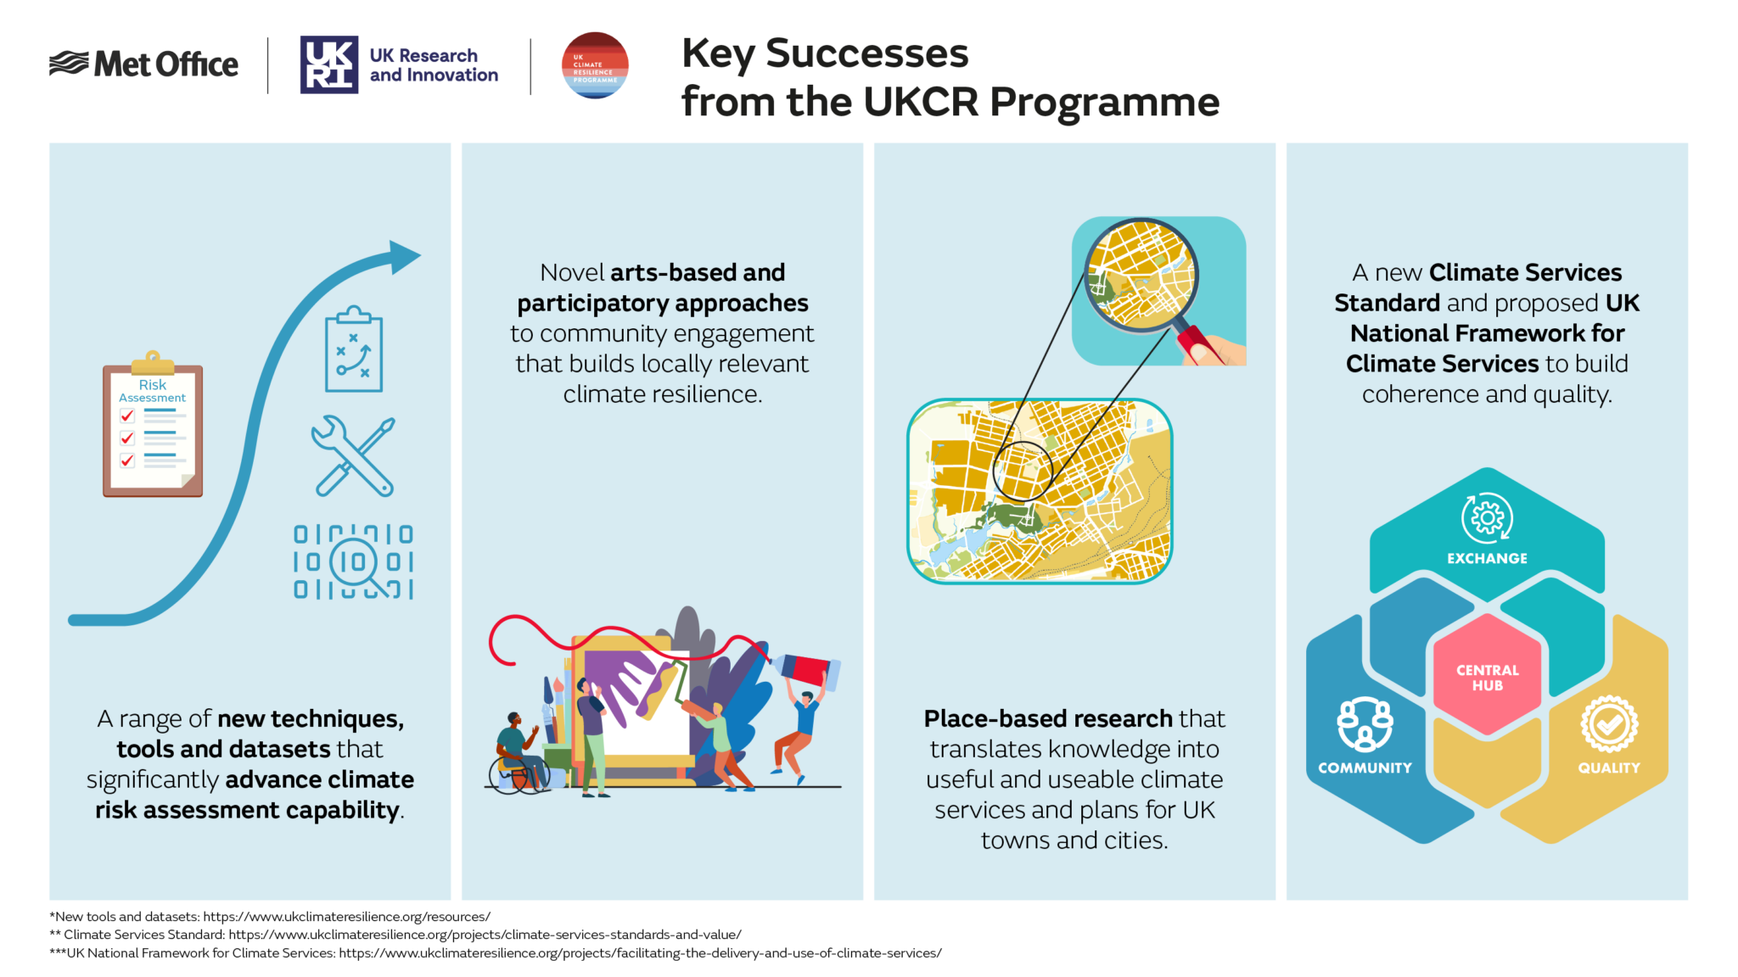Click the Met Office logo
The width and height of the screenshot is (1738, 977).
click(144, 64)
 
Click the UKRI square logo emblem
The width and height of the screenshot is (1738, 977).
click(329, 64)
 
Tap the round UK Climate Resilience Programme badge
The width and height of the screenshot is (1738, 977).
click(595, 65)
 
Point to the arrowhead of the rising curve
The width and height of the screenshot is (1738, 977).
click(405, 256)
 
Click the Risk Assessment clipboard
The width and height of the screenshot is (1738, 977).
click(153, 428)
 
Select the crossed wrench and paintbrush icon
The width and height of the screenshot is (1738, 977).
click(353, 456)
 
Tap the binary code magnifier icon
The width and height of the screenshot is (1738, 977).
click(354, 562)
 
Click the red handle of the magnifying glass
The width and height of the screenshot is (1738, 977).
click(1196, 344)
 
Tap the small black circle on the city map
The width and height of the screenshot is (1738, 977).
click(1023, 470)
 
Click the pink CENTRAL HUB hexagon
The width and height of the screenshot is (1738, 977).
click(1487, 676)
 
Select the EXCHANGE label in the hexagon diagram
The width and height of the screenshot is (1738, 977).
click(1487, 558)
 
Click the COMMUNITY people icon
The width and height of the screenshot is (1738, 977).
click(1365, 723)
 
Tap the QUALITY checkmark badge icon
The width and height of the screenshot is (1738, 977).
click(1609, 723)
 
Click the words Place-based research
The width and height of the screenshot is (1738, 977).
click(1047, 718)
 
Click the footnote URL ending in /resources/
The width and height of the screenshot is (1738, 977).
click(346, 917)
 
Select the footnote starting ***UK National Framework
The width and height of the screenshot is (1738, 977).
click(495, 953)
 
